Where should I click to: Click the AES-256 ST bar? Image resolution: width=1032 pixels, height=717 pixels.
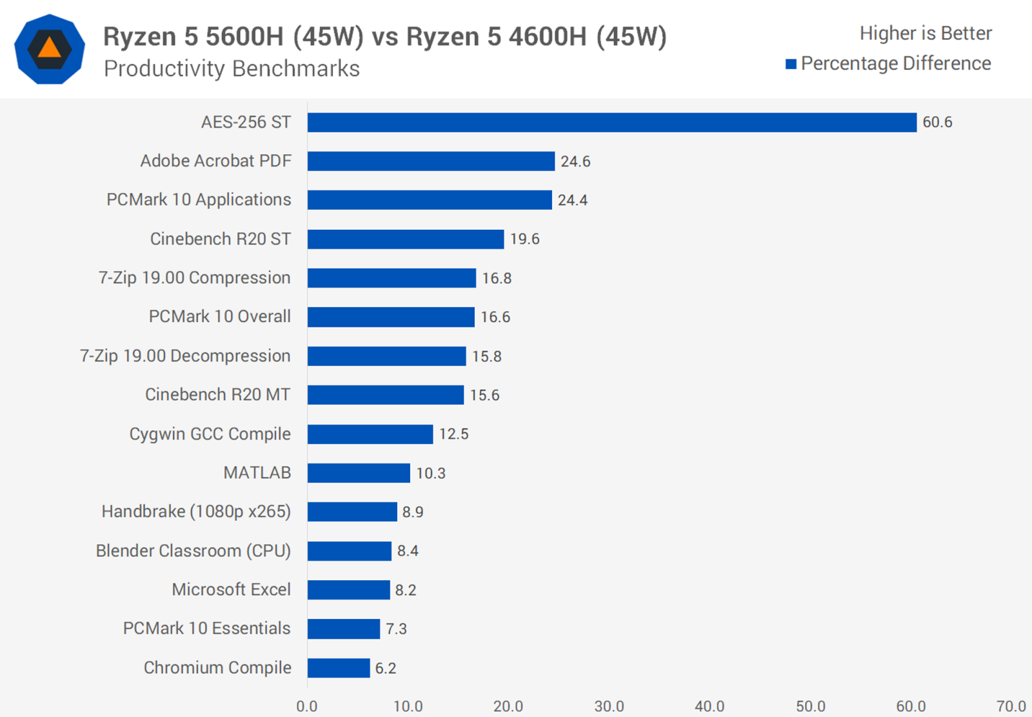(611, 123)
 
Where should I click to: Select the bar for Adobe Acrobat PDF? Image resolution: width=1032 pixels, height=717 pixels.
(431, 161)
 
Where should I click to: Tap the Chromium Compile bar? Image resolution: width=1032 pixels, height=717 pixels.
(339, 668)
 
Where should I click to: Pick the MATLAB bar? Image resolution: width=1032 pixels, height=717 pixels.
(359, 473)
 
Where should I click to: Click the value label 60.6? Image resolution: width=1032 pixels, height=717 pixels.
(937, 123)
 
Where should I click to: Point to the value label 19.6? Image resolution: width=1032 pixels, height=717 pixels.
(524, 239)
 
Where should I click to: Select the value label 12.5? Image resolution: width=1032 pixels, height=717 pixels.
(453, 434)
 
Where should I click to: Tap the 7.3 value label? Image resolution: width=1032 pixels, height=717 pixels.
(396, 629)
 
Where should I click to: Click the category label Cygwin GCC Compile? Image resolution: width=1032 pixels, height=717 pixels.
(210, 434)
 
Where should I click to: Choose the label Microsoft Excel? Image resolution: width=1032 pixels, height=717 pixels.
(231, 590)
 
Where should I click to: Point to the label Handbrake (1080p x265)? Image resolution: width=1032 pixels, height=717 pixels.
(196, 512)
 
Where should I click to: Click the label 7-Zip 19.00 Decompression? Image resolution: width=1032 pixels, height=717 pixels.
(185, 356)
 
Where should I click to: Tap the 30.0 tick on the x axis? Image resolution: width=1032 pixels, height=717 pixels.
(609, 706)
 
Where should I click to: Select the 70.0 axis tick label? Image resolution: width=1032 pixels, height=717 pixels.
(1011, 706)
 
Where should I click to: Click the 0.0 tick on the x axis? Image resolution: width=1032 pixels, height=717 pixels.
(307, 706)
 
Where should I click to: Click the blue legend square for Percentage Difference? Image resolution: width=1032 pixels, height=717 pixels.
(791, 64)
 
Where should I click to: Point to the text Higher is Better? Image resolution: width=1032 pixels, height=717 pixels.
(926, 34)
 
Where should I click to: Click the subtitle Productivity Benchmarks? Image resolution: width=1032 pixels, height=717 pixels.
(232, 68)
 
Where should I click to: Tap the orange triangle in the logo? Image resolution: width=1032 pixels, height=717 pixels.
(50, 48)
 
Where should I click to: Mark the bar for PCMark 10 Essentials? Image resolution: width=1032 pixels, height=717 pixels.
(344, 629)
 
